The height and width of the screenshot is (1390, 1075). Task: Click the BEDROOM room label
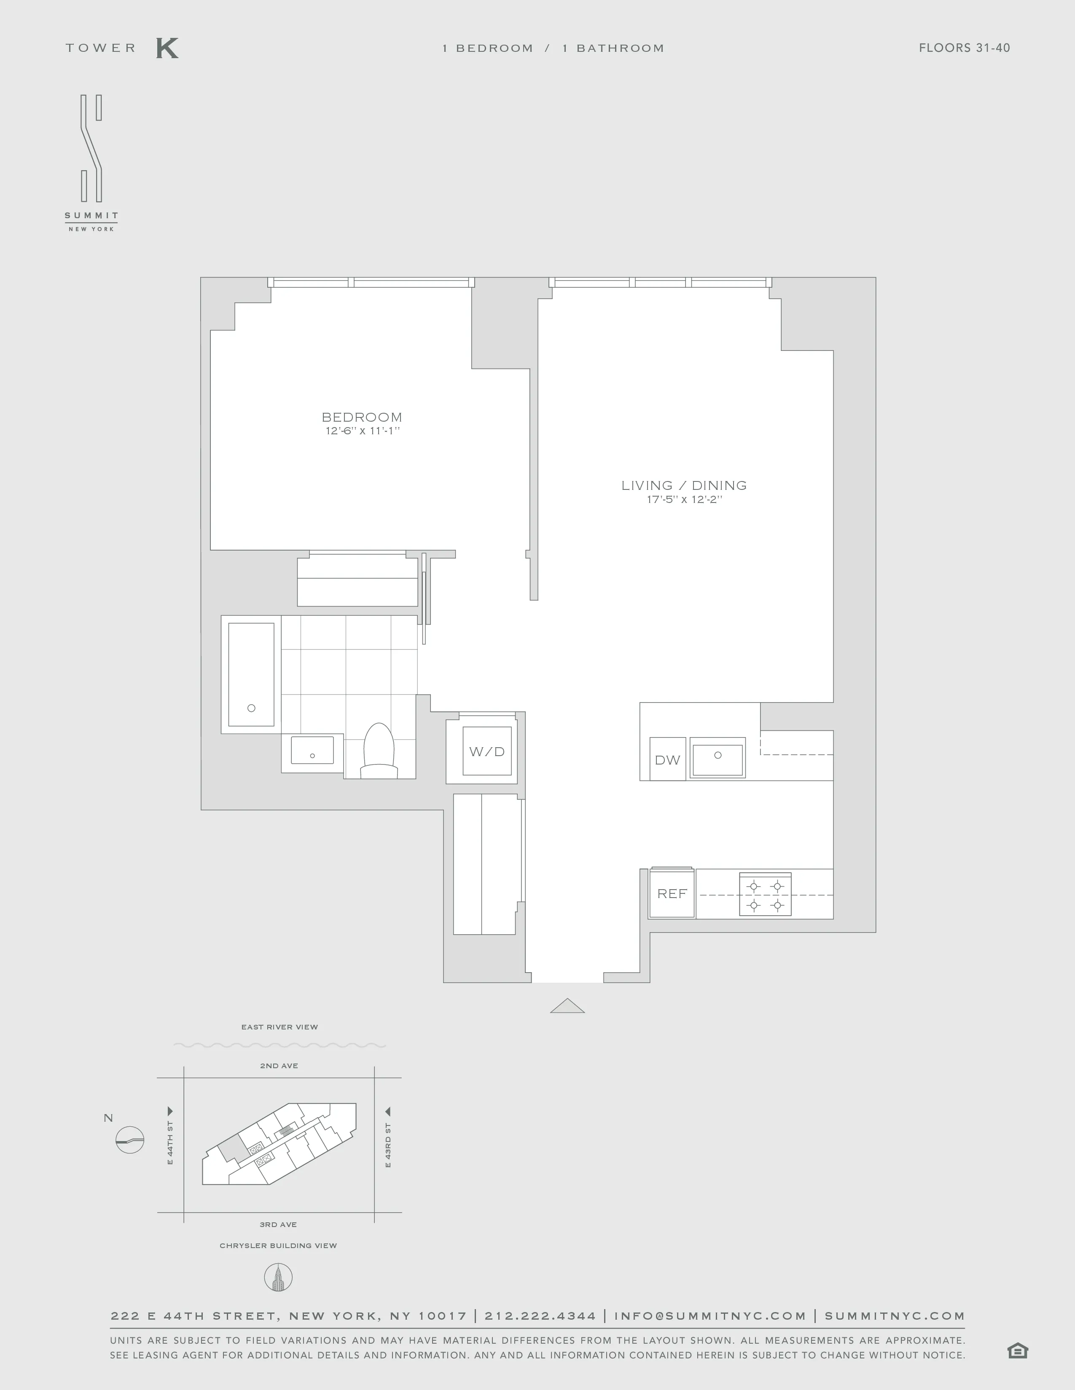click(x=362, y=417)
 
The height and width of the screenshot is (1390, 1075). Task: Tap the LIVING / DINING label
click(x=684, y=486)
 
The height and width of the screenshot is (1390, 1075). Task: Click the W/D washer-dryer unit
click(x=487, y=751)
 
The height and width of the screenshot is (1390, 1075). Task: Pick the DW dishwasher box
click(x=667, y=759)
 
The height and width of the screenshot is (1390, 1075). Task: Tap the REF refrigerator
click(x=672, y=893)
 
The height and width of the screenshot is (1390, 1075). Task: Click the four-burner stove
click(x=765, y=895)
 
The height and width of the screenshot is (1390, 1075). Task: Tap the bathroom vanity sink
click(x=312, y=751)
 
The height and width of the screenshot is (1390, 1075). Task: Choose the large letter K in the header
click(x=167, y=48)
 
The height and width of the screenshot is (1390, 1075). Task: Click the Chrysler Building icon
click(x=278, y=1278)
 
